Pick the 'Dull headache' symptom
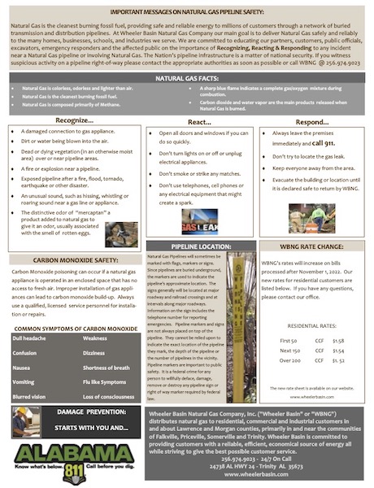coord(31,337)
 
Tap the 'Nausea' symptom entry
coord(22,366)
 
